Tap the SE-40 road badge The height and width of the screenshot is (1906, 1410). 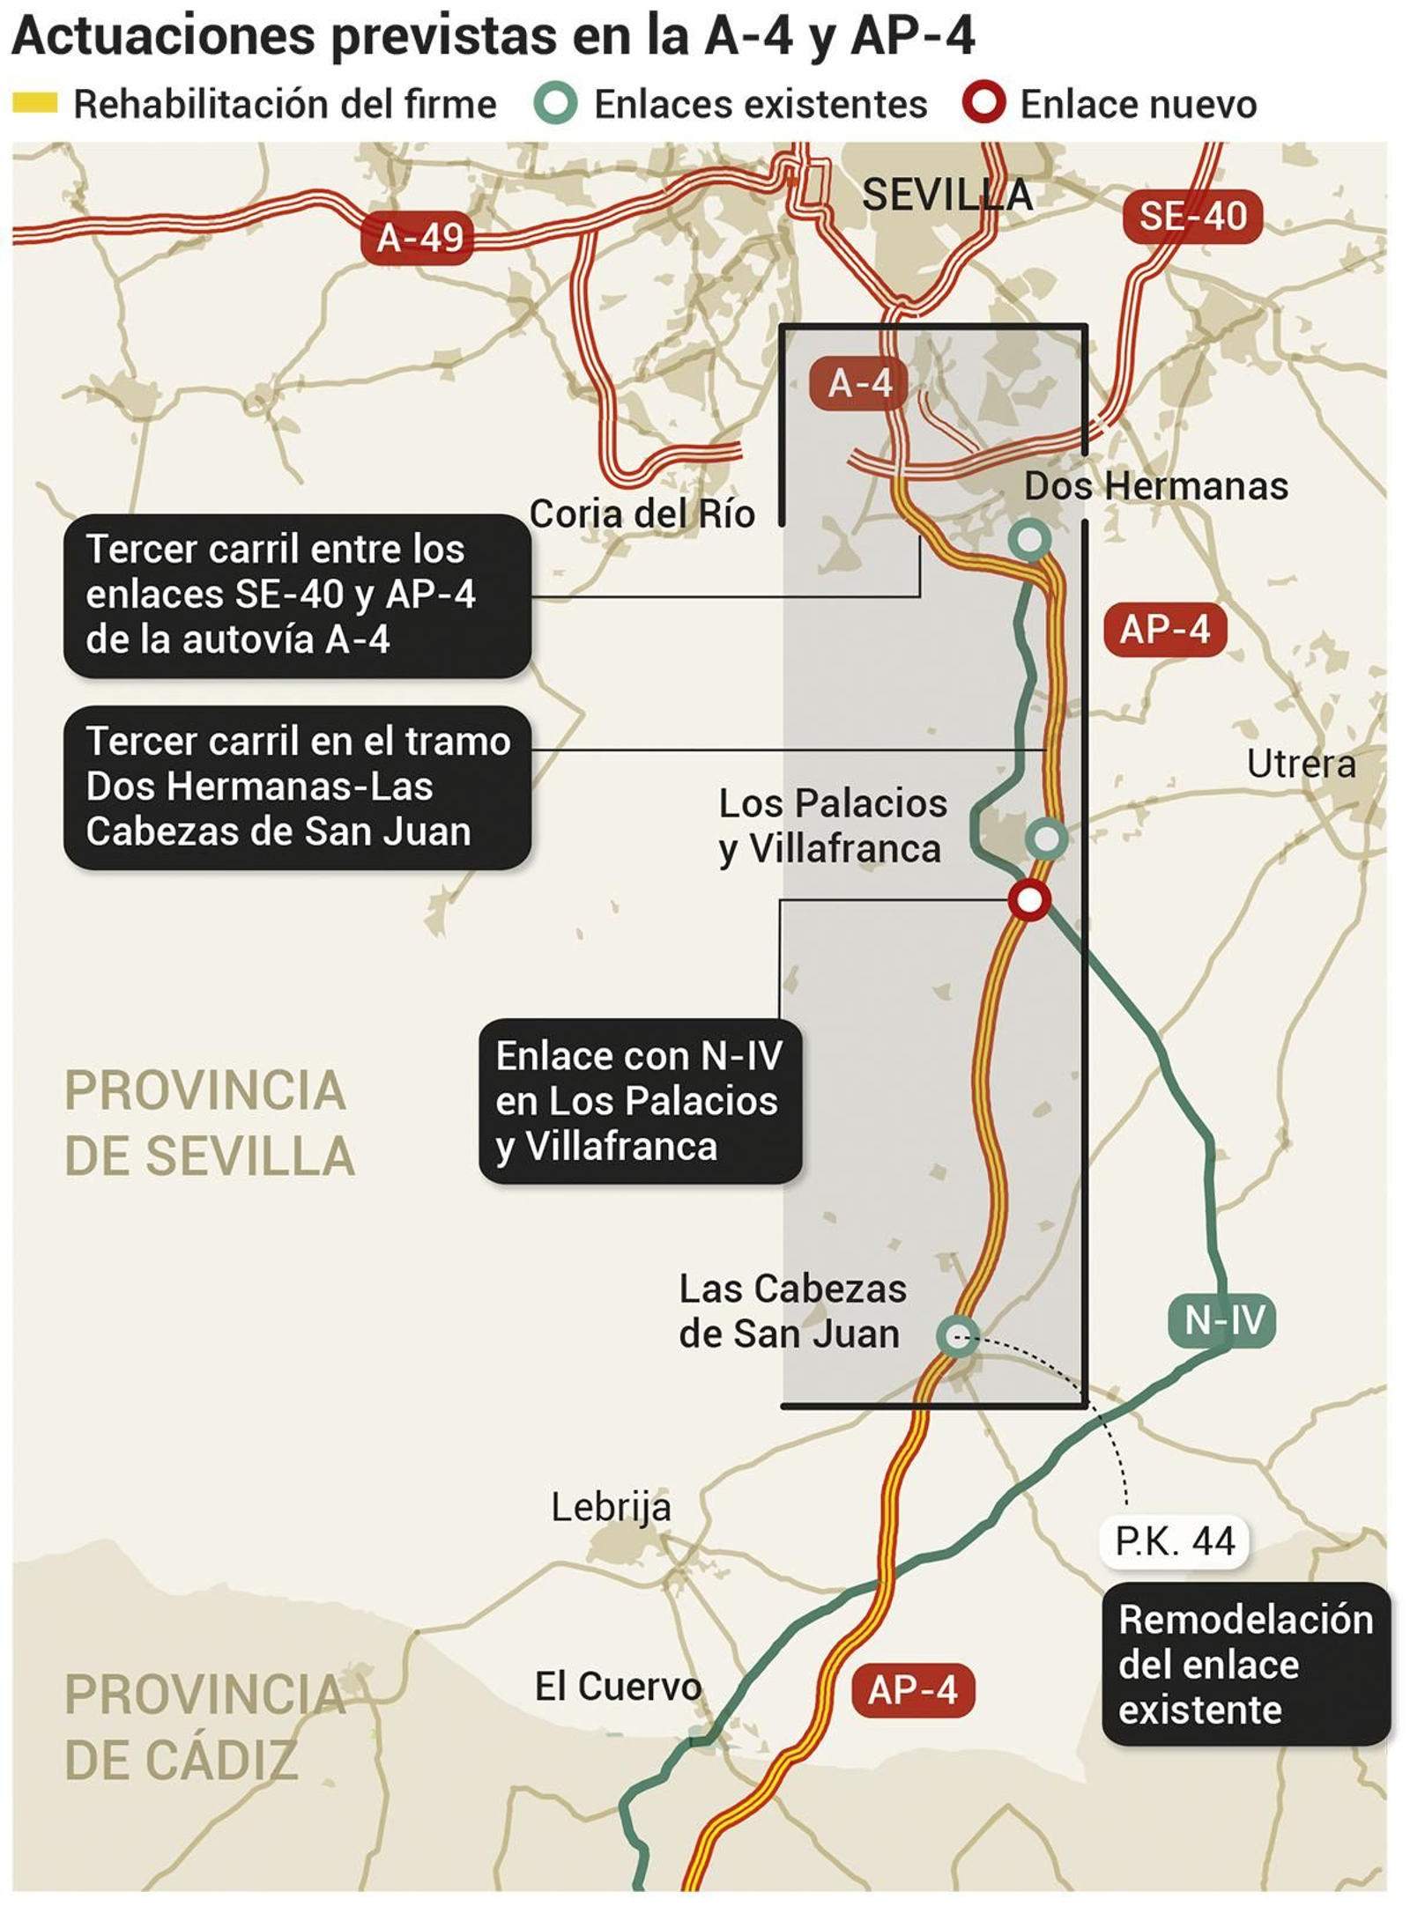click(1192, 217)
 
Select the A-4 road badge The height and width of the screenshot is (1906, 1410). click(859, 383)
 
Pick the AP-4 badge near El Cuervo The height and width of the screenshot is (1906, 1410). click(913, 1690)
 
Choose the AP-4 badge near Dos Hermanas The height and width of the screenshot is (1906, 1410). click(1165, 630)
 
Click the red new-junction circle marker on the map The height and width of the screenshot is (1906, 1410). click(1028, 900)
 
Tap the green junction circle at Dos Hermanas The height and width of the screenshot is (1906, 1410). click(1029, 538)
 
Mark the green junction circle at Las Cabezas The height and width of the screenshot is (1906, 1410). click(957, 1335)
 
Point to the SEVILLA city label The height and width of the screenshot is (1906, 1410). click(946, 195)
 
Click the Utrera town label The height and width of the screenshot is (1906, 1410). click(1301, 764)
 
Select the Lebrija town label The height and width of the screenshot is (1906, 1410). click(611, 1507)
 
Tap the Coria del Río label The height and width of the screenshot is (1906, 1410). click(642, 513)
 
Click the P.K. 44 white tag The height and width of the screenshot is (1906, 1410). click(1175, 1541)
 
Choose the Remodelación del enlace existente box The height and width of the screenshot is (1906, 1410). click(1245, 1664)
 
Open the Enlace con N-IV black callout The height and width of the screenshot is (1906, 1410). click(639, 1100)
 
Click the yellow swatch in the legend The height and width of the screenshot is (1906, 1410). click(35, 104)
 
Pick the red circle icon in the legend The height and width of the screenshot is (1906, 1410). click(983, 103)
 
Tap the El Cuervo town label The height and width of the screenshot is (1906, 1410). click(618, 1686)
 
